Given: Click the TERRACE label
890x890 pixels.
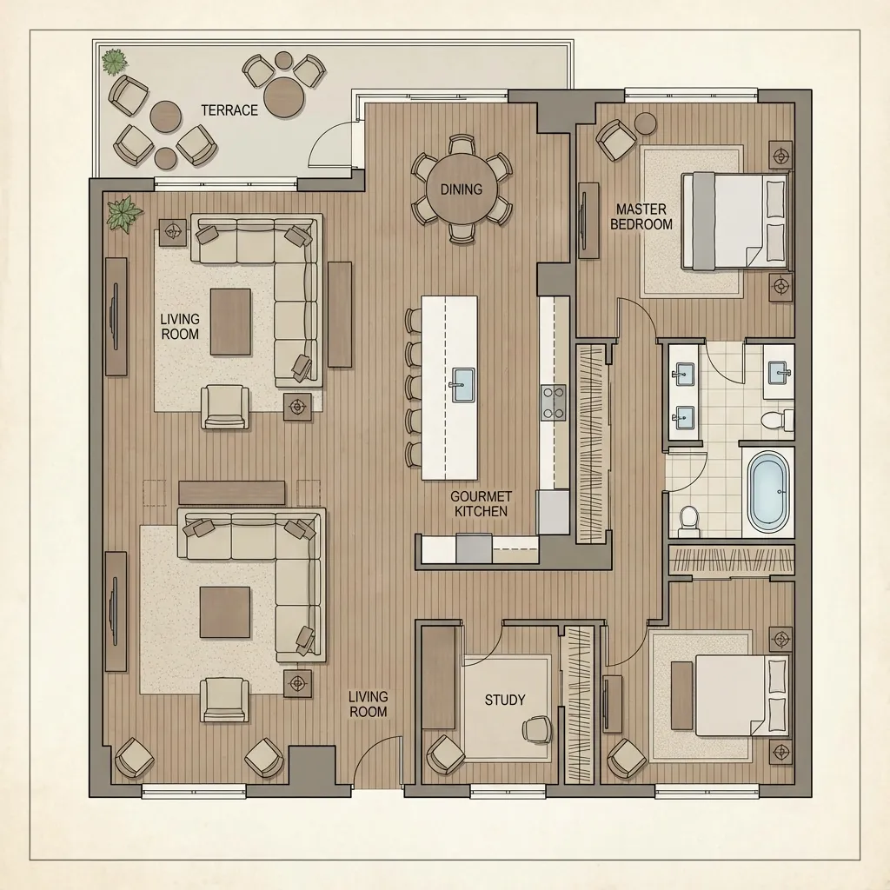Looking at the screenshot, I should click(x=229, y=110).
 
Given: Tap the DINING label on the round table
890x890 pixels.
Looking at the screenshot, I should click(x=461, y=189).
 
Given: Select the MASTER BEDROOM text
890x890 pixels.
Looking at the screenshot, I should click(x=641, y=216).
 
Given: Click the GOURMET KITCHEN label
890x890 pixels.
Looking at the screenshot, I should click(x=479, y=504).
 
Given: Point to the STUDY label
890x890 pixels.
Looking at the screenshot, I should click(x=505, y=700).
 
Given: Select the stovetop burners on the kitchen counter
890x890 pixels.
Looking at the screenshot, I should click(x=553, y=402).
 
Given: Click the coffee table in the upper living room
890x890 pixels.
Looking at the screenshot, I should click(x=230, y=322).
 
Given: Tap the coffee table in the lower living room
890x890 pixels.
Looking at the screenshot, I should click(x=225, y=612).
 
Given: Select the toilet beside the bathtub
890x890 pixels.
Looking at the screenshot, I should click(x=688, y=520).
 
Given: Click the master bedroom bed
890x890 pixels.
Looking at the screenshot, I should click(x=734, y=220).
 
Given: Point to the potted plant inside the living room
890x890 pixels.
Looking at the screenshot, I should click(x=124, y=213).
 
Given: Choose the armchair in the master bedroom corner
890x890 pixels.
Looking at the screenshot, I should click(x=615, y=138).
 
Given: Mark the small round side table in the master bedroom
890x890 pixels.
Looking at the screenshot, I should click(x=646, y=123).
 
